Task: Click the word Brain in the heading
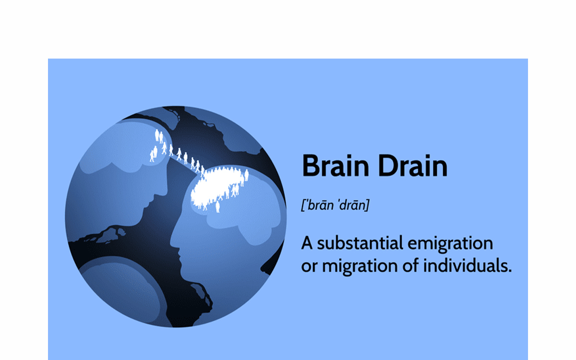click(336, 166)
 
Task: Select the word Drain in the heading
click(413, 166)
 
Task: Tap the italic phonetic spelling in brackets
click(336, 205)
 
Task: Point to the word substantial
click(360, 243)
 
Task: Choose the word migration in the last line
click(360, 266)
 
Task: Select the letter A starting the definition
click(307, 243)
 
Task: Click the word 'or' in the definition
click(309, 267)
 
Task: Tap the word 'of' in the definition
click(411, 265)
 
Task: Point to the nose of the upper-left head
click(165, 190)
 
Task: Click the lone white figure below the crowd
click(217, 207)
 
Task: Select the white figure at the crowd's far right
click(247, 175)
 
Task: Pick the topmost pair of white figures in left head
click(159, 136)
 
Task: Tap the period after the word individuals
click(510, 271)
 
